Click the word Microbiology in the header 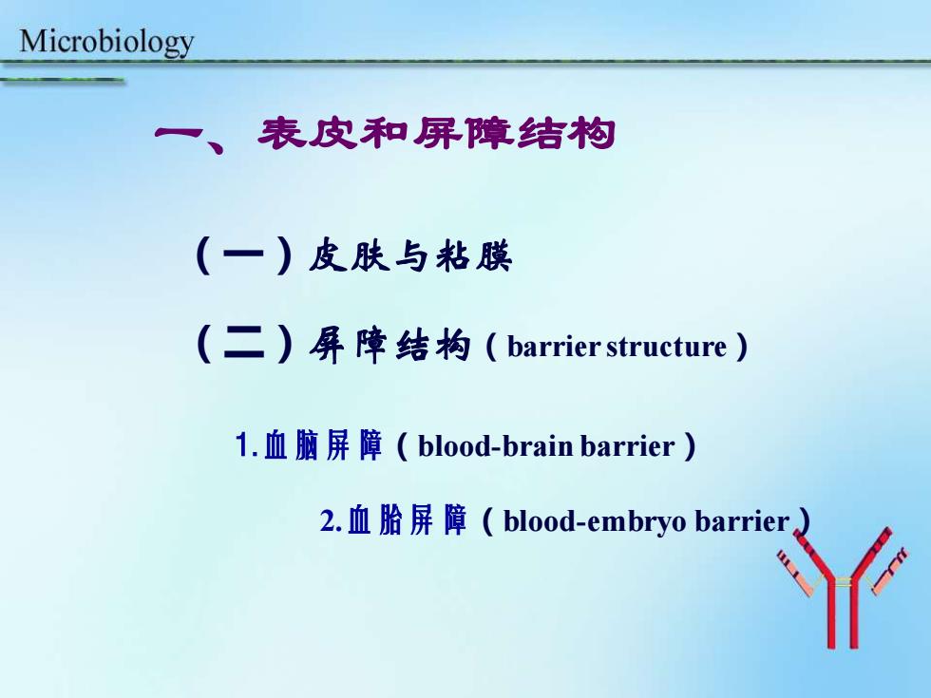(106, 43)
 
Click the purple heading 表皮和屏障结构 (436, 133)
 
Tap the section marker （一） (243, 255)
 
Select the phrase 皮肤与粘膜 (410, 255)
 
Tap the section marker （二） (243, 344)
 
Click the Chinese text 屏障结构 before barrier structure (389, 346)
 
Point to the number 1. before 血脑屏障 (246, 445)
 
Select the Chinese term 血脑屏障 (322, 445)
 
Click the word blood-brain (495, 446)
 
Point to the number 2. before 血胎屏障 (331, 521)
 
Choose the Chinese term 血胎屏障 (407, 520)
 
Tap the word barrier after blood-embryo (742, 521)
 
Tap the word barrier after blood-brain (628, 446)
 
